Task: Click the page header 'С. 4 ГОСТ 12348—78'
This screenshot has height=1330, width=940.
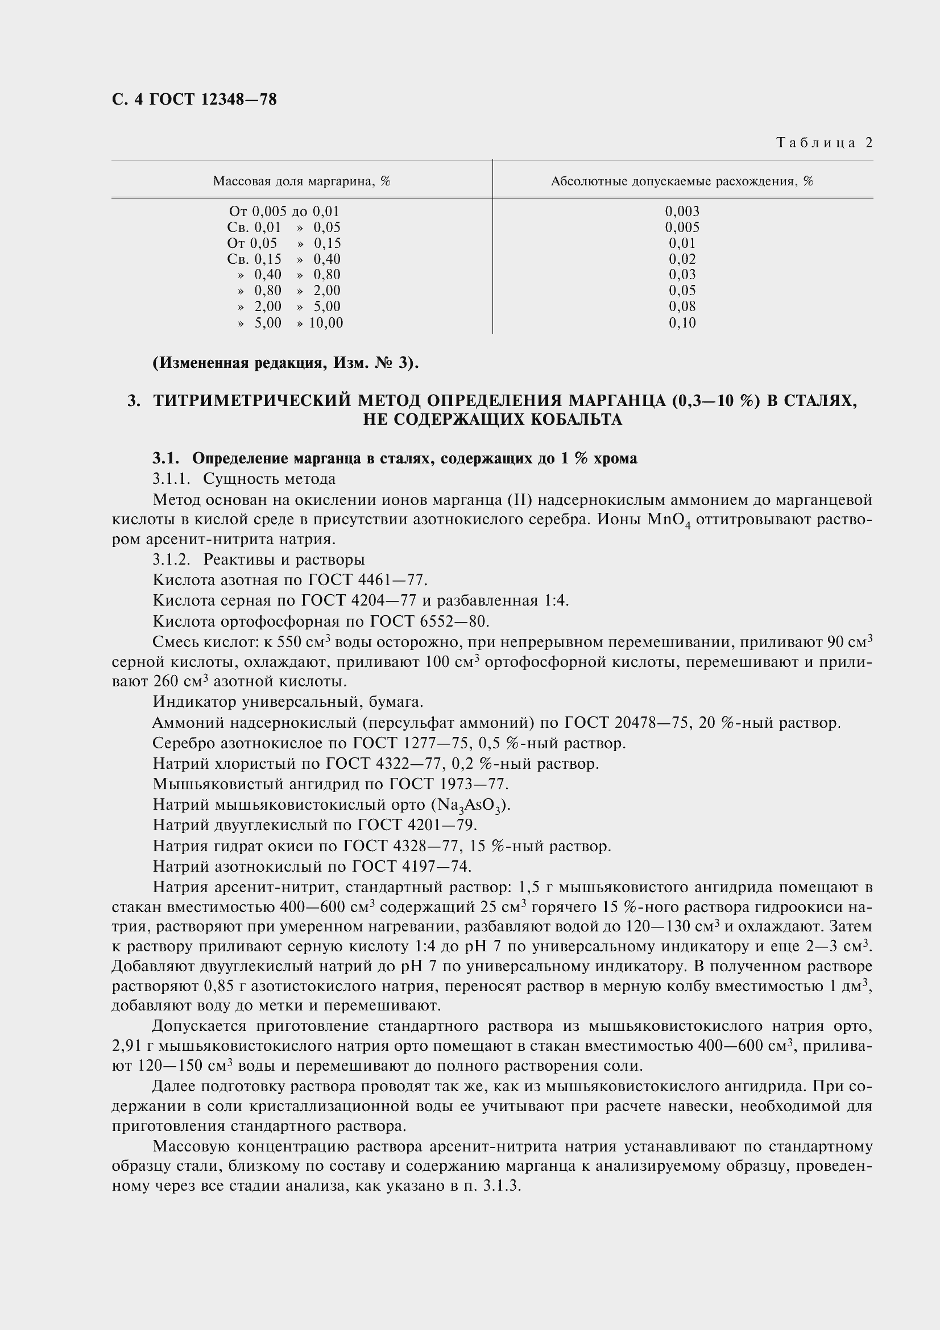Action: coord(194,100)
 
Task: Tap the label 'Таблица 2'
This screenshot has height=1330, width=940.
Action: coord(824,143)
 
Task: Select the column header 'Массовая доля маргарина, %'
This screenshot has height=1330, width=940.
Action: coord(302,181)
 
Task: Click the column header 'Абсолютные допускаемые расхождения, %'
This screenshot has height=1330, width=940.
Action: coord(682,181)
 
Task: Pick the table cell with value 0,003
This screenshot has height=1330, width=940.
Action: coord(682,212)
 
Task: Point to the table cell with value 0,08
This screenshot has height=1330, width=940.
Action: coord(682,306)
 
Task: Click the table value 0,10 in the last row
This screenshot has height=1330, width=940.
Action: coord(682,322)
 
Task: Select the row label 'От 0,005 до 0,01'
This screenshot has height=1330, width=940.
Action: coord(284,212)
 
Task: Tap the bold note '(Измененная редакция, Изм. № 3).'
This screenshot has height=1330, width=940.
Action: coord(285,363)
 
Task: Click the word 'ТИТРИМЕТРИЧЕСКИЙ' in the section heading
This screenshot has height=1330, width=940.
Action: coord(252,401)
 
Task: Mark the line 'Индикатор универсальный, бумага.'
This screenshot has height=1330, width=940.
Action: coord(288,702)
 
